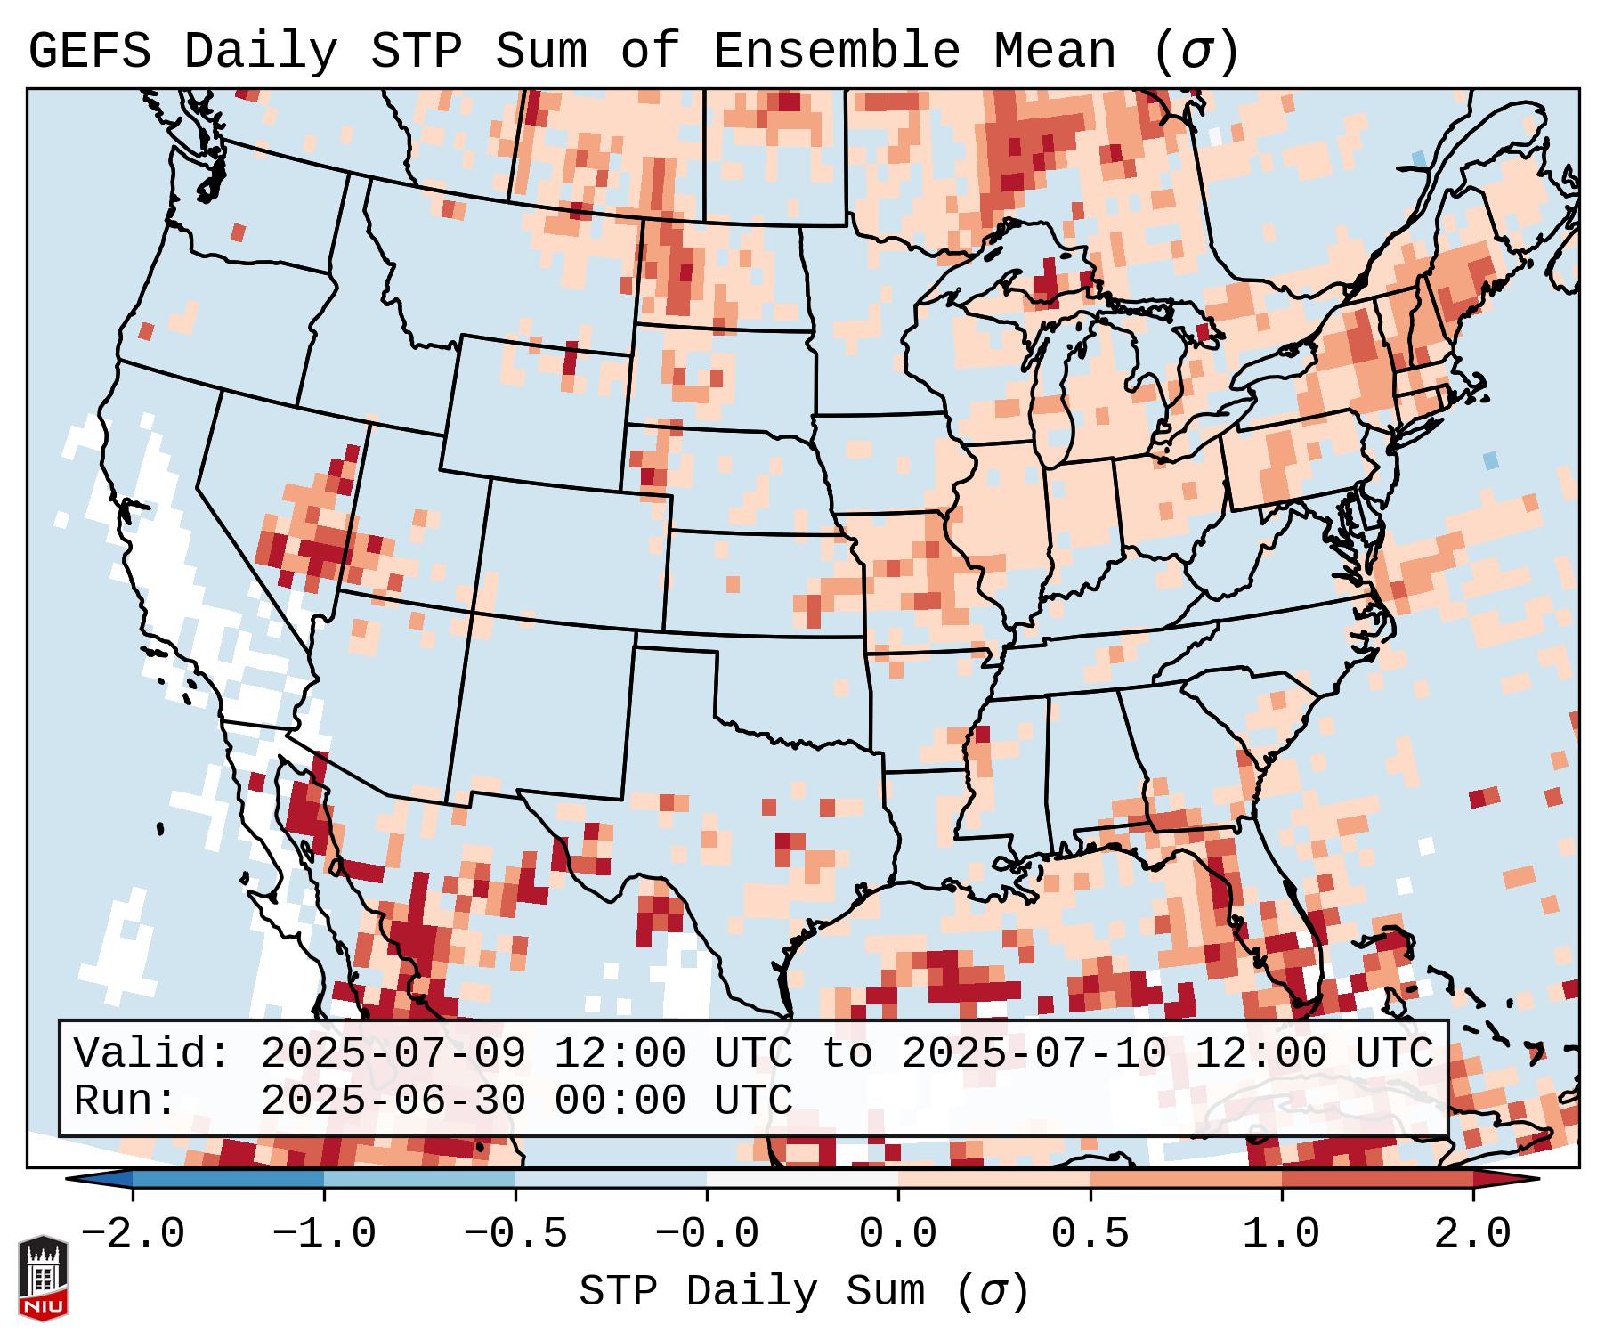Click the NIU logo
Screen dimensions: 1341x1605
point(43,1278)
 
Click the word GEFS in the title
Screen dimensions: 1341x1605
point(89,52)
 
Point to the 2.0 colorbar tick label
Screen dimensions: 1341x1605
point(1472,1234)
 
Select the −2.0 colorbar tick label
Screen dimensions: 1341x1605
point(133,1234)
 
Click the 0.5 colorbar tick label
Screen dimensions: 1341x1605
point(1090,1234)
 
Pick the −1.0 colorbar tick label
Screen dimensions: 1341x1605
point(324,1234)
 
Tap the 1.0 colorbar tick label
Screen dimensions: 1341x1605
point(1281,1234)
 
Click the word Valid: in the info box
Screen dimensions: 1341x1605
point(152,1054)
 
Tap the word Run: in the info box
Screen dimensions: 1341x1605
point(126,1101)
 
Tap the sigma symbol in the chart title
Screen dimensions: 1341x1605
point(1196,52)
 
